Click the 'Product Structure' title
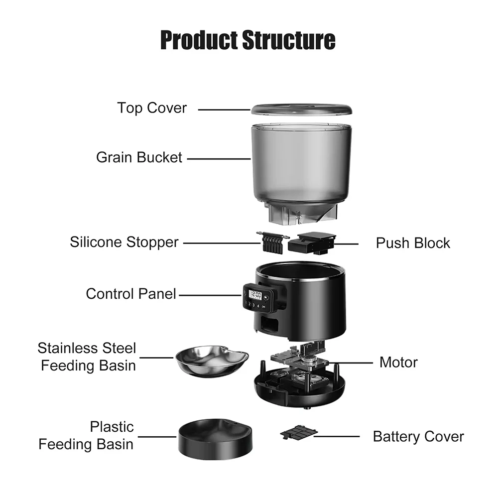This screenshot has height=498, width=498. tap(248, 40)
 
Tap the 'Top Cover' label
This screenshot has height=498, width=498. tap(152, 108)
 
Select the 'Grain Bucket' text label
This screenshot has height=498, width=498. tap(139, 158)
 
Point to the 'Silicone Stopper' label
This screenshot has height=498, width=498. tap(124, 243)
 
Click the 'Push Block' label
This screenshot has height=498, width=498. tap(413, 243)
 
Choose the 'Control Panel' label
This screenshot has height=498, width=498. tap(131, 294)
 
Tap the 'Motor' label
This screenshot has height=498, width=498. tap(398, 362)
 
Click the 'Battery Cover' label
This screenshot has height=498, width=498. tap(418, 437)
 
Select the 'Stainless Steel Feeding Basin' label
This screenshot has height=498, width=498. tap(88, 357)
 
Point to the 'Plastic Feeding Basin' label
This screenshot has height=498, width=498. tap(87, 435)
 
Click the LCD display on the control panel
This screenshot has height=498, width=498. tap(255, 294)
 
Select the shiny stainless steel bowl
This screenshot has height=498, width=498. tap(212, 362)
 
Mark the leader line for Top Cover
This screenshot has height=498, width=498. tap(224, 109)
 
